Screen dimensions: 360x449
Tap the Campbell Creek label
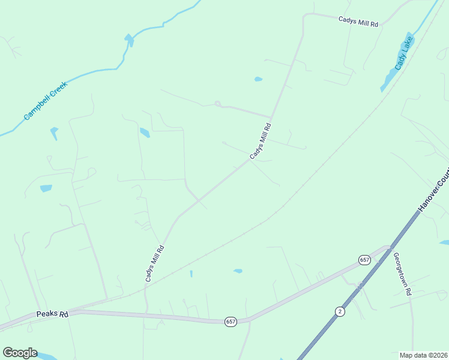pyautogui.click(x=46, y=101)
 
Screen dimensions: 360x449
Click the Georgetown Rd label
pyautogui.click(x=402, y=274)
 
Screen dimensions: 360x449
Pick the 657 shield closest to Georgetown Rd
pyautogui.click(x=364, y=260)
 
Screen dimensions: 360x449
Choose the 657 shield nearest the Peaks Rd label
pyautogui.click(x=231, y=322)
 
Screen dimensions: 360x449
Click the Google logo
pyautogui.click(x=20, y=353)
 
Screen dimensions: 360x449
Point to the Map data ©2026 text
pyautogui.click(x=423, y=355)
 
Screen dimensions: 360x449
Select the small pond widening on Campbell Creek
pyautogui.click(x=128, y=40)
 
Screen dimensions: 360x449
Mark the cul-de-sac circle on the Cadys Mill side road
pyautogui.click(x=217, y=103)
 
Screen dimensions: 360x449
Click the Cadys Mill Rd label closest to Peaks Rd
pyautogui.click(x=154, y=263)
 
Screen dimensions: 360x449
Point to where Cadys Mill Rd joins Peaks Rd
pyautogui.click(x=146, y=313)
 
